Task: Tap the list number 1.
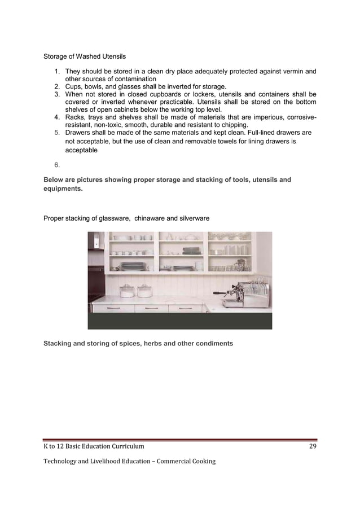(57, 72)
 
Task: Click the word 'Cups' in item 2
(74, 87)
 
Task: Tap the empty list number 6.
(57, 165)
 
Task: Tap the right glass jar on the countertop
(144, 291)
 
